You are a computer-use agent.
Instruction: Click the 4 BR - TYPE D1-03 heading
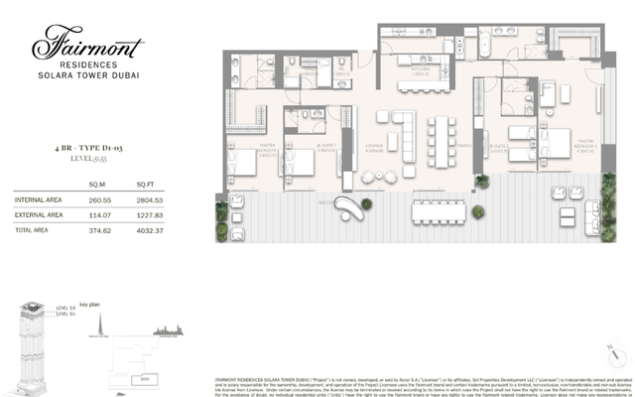tap(88, 147)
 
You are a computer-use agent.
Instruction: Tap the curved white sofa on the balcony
tap(347, 206)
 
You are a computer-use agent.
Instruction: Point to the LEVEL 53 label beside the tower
tap(66, 307)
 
